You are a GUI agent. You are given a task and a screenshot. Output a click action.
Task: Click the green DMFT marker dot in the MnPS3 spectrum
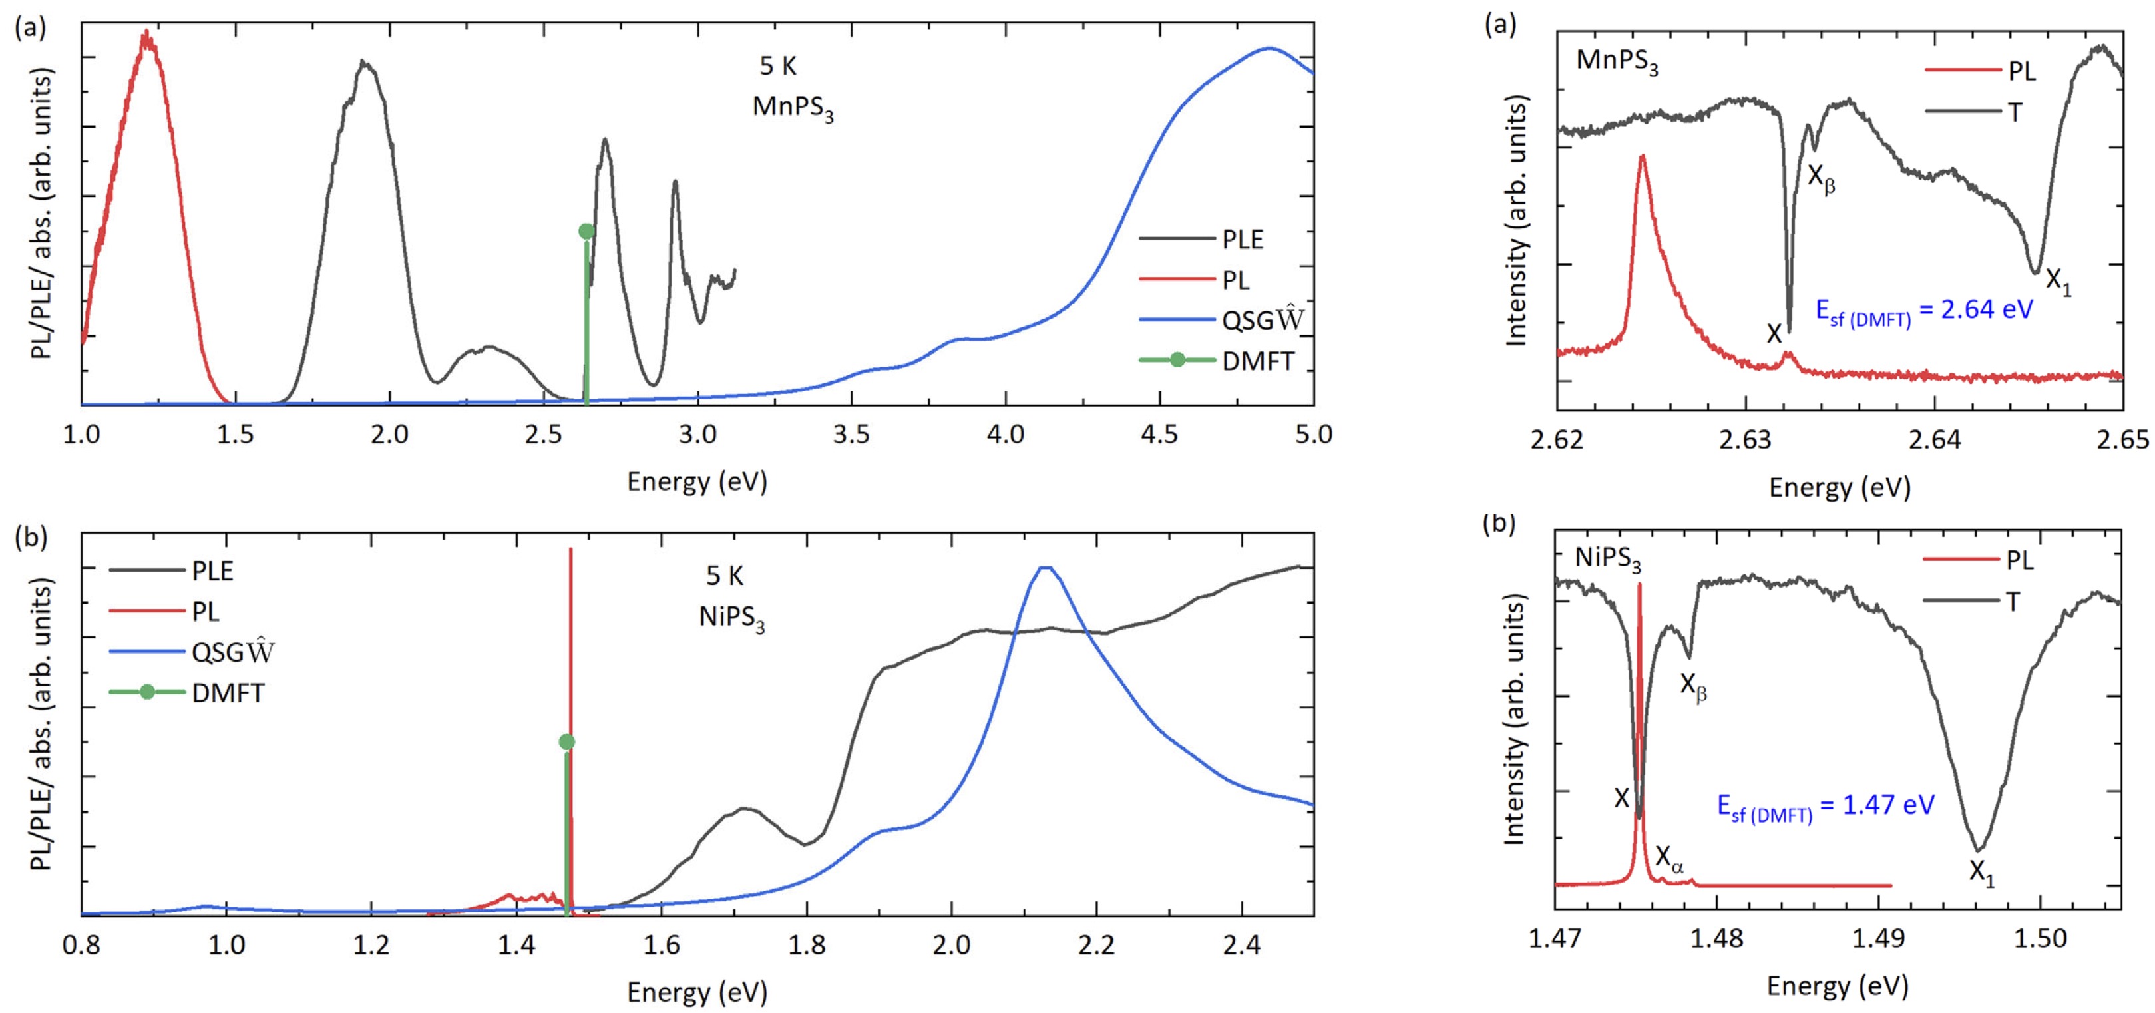586,231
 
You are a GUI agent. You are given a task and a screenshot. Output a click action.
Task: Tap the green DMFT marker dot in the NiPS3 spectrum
566,742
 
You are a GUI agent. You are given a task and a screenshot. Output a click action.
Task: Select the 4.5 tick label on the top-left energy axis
1159,434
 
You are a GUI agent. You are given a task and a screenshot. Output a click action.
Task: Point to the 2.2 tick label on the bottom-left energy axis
1096,945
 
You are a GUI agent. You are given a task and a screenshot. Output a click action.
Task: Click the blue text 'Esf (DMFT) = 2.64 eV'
1923,311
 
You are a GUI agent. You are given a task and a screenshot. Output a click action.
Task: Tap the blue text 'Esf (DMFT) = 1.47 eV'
1826,807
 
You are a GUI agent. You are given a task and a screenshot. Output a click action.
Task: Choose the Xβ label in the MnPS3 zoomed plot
1821,179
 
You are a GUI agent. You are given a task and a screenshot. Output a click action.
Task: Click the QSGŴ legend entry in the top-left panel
1263,320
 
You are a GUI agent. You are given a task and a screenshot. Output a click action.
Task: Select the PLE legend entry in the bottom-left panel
212,571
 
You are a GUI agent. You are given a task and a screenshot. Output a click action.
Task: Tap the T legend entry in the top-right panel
2015,112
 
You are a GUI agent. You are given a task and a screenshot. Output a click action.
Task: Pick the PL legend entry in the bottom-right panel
2019,560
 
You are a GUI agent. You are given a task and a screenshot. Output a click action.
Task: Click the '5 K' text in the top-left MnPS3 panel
778,66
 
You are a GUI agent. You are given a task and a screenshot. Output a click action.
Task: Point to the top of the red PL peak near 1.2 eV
147,33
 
